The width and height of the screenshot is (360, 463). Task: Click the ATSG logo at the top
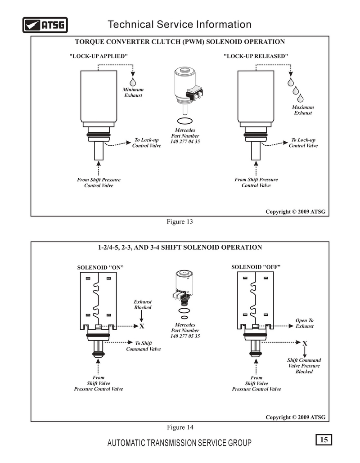45,25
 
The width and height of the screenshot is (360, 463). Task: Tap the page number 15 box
324,440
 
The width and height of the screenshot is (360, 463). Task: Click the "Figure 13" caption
180,221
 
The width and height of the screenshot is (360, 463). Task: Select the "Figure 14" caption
180,427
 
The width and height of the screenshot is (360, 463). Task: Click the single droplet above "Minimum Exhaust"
133,82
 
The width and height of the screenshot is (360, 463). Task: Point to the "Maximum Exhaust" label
303,110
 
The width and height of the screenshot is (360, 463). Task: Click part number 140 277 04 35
185,141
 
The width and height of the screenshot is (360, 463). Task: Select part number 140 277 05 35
185,336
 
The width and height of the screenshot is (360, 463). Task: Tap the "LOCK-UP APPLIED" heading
99,56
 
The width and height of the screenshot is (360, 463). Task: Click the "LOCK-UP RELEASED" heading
256,56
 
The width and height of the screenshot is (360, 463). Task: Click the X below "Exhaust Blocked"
142,326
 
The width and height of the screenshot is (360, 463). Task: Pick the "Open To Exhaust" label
305,323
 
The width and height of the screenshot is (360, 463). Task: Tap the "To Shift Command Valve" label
144,346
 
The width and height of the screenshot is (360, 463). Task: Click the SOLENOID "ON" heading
100,268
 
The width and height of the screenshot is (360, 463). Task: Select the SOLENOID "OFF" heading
256,267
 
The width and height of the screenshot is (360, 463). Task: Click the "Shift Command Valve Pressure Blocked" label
304,366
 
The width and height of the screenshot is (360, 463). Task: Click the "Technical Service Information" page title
180,24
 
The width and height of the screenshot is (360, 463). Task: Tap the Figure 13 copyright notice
295,211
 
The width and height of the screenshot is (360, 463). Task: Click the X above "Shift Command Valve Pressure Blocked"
305,343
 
